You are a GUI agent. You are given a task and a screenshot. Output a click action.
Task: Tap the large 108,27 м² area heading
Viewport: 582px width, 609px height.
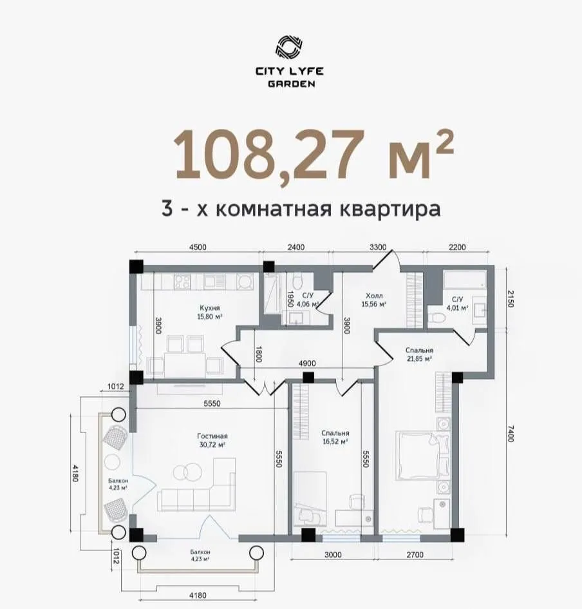tap(314, 155)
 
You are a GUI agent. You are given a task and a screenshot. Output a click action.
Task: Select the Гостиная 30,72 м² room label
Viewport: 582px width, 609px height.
tap(212, 440)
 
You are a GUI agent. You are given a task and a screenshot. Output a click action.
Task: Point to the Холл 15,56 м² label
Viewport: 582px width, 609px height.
tap(374, 299)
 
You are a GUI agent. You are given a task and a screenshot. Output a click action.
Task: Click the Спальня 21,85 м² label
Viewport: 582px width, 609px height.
tap(418, 354)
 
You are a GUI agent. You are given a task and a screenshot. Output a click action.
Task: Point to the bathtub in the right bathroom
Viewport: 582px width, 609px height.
tap(465, 280)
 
